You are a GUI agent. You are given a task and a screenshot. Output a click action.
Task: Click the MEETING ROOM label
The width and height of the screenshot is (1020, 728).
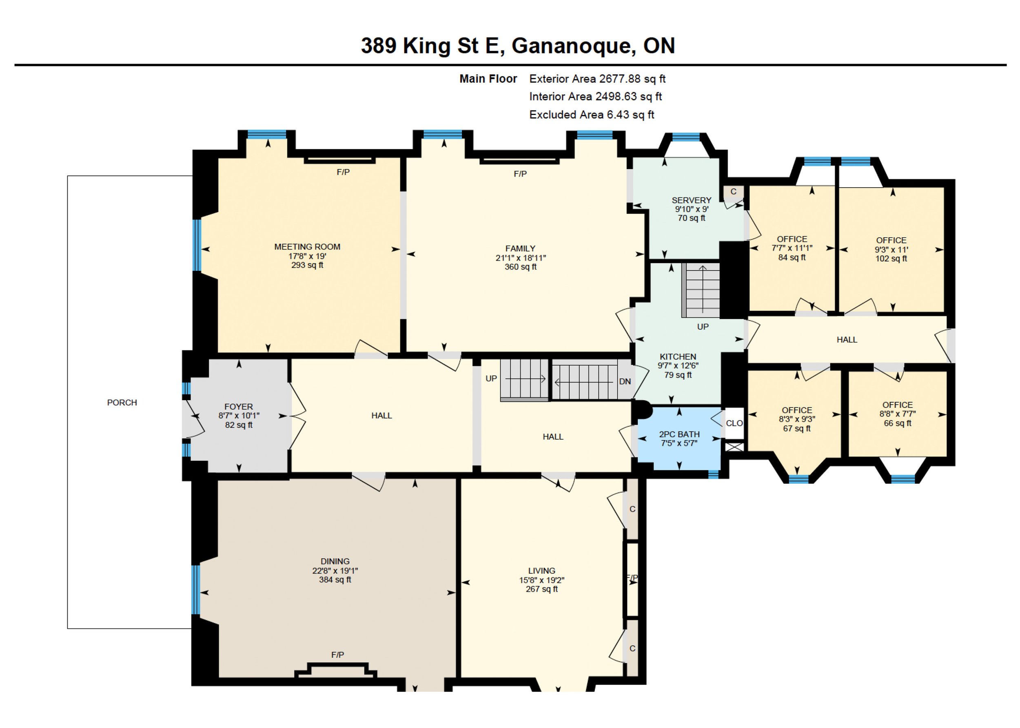point(307,247)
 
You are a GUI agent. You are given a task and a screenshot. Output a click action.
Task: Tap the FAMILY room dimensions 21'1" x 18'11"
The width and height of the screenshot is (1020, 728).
point(520,258)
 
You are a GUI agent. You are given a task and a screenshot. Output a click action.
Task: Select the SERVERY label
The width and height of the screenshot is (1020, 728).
point(692,200)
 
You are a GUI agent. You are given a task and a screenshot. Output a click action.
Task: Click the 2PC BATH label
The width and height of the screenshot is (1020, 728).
point(679,434)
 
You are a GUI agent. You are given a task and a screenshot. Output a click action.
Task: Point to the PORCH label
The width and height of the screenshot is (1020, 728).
point(122,403)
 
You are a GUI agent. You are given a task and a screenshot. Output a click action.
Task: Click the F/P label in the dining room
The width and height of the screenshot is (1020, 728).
point(337,655)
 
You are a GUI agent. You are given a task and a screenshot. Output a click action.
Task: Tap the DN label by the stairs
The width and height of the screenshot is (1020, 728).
point(625,381)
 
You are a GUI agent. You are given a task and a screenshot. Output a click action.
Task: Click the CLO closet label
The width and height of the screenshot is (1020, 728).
point(734,423)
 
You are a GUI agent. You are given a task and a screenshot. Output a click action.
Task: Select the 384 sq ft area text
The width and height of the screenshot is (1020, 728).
point(335,580)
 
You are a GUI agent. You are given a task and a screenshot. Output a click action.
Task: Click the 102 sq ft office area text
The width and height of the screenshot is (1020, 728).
point(891,259)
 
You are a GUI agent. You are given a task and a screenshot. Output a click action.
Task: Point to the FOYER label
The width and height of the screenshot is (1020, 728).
point(239,407)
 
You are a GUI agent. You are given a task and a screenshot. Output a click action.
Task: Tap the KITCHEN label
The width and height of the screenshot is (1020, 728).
point(678,356)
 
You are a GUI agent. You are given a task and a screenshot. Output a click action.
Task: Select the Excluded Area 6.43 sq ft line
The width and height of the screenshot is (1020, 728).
point(592,115)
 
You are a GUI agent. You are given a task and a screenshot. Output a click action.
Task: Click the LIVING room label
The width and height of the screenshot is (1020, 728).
point(541,571)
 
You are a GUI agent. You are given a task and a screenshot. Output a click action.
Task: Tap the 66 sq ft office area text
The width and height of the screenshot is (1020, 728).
point(898,423)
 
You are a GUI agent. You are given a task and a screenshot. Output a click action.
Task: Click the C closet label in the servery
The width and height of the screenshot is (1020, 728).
point(734,191)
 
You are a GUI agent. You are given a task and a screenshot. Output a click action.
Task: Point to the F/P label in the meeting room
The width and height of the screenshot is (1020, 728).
point(343,172)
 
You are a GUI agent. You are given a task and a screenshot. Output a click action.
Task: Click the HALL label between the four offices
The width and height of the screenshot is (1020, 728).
point(847,340)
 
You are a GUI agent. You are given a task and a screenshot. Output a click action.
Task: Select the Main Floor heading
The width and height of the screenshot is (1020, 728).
point(488,79)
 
